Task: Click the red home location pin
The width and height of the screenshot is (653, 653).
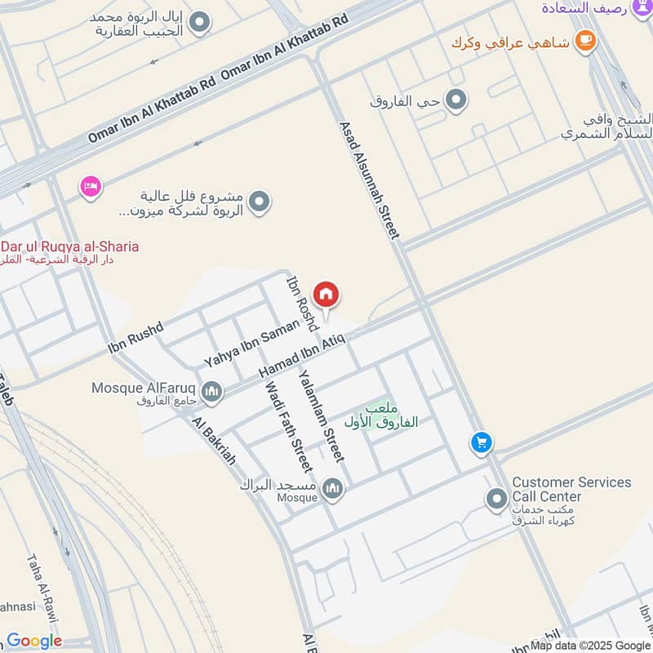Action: click(326, 295)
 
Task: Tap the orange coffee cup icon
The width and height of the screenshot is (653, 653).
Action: click(584, 41)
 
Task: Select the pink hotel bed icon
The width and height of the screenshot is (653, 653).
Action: click(91, 188)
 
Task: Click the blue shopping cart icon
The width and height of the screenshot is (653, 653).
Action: click(481, 443)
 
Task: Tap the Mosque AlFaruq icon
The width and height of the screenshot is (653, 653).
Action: click(212, 393)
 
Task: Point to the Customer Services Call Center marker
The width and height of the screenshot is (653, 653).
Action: click(496, 499)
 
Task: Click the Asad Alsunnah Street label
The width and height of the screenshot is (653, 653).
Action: click(369, 180)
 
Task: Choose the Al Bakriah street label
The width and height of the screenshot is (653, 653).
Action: click(214, 441)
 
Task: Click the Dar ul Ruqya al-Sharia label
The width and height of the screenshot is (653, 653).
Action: click(69, 247)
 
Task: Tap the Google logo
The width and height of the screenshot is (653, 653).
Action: click(34, 641)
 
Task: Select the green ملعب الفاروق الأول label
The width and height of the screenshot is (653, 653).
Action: click(390, 415)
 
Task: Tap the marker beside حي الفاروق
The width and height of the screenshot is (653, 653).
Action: click(457, 100)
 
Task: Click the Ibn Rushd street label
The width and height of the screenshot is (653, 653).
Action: click(135, 338)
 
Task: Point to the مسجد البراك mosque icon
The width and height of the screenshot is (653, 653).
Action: click(331, 489)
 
